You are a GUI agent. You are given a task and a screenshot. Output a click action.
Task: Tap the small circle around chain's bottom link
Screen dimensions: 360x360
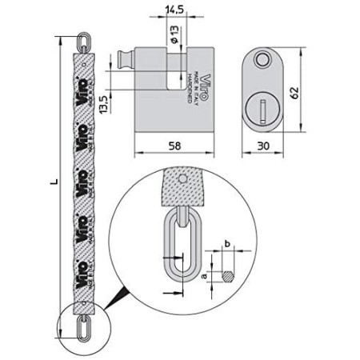(80, 329)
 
